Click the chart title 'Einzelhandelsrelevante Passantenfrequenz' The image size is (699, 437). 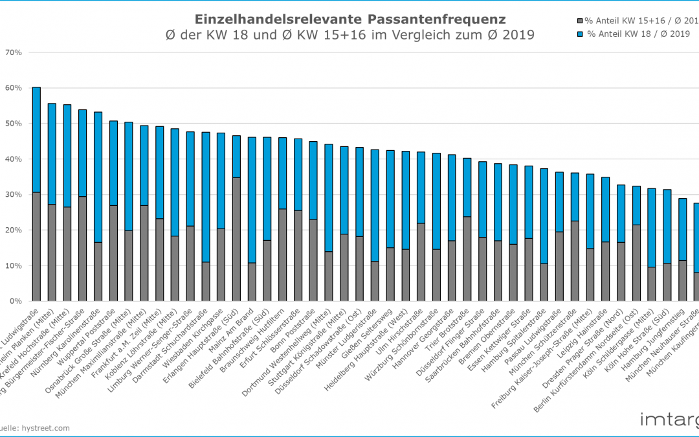click(x=350, y=19)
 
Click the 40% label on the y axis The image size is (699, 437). click(x=14, y=159)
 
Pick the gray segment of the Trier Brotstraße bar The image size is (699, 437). click(x=467, y=258)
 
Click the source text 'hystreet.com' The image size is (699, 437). click(x=47, y=427)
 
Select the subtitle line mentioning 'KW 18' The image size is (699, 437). click(x=350, y=35)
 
